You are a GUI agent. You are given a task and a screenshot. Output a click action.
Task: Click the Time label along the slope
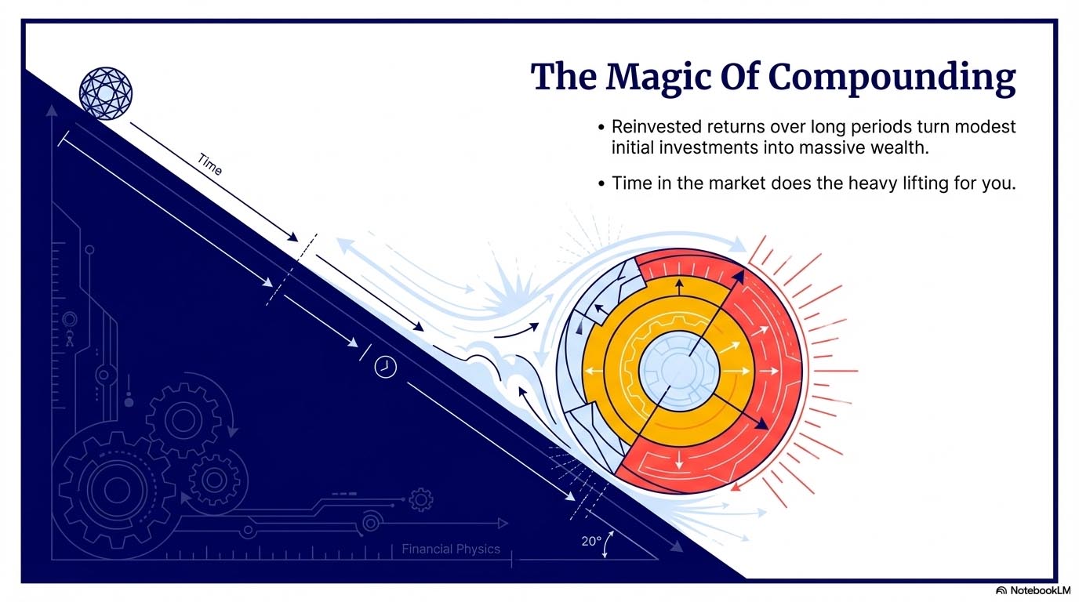click(x=209, y=165)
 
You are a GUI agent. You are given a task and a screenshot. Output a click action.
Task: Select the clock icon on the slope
click(x=385, y=366)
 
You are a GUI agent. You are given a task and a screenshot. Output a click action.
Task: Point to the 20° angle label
click(x=592, y=540)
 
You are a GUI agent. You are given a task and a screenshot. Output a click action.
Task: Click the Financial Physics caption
click(x=450, y=549)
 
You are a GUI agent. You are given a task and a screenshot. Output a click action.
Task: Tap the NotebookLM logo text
click(x=1039, y=590)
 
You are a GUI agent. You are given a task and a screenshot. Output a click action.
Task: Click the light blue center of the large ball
click(x=679, y=368)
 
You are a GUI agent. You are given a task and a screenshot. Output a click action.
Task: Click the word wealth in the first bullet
click(x=896, y=147)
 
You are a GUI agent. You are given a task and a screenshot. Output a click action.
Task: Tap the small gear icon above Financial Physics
click(x=421, y=499)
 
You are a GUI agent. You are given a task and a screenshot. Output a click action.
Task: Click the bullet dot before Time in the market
click(x=601, y=184)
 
